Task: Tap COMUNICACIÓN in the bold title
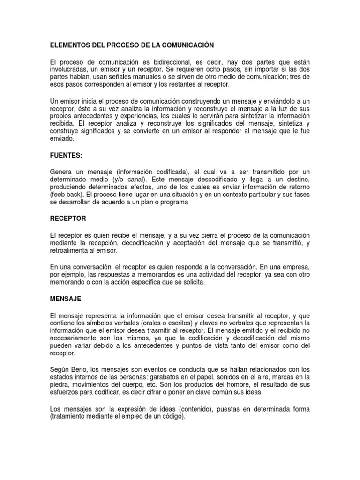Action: (x=186, y=45)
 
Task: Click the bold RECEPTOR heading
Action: (x=68, y=219)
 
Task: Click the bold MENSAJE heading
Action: (x=66, y=298)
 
